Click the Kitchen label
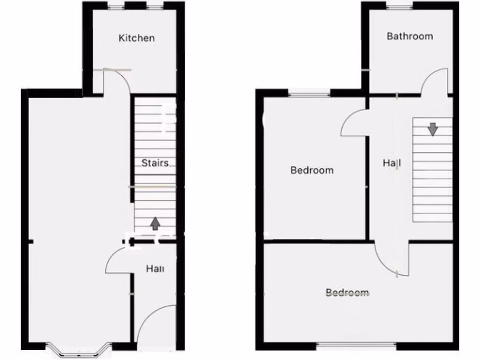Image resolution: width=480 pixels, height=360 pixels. [136, 38]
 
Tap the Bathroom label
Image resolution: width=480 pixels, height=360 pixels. [410, 36]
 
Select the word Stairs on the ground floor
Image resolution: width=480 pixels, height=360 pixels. [155, 163]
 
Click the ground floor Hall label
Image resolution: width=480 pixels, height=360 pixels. [155, 269]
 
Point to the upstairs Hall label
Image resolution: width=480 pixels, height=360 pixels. [392, 163]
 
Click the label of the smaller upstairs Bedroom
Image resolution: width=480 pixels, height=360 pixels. [312, 170]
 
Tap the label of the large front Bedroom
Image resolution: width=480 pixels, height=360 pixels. [347, 293]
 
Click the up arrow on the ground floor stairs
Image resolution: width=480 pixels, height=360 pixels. [155, 223]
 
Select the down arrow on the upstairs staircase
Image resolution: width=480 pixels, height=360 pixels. [432, 128]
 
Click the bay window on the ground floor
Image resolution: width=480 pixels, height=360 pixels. [79, 349]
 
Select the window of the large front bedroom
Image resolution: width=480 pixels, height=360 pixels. [356, 346]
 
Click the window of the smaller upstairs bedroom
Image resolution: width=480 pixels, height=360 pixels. [309, 94]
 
